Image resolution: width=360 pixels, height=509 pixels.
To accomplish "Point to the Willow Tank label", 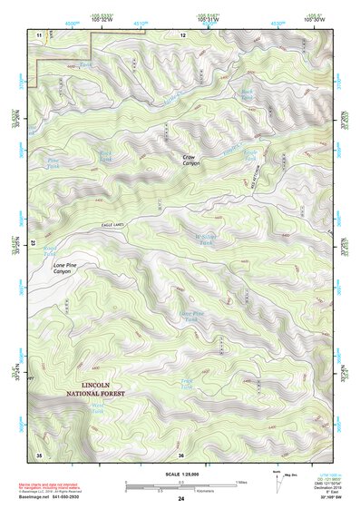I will click(x=205, y=242).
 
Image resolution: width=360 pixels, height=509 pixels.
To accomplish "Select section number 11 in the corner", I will click(x=40, y=34).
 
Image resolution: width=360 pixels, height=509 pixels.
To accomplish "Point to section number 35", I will click(x=39, y=454).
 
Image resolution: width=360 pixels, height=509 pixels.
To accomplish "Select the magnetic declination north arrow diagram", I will click(x=280, y=485).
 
